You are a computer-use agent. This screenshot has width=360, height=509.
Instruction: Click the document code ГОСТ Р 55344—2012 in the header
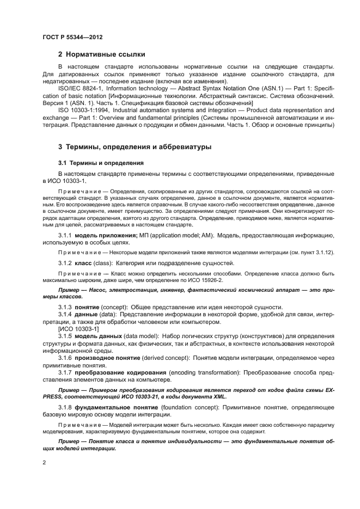pos(72,37)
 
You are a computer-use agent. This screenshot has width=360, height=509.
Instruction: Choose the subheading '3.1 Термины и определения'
pos(101,163)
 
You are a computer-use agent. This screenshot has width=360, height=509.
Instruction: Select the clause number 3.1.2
pos(66,263)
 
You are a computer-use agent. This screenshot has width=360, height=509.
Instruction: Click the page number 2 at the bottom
pos(44,462)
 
